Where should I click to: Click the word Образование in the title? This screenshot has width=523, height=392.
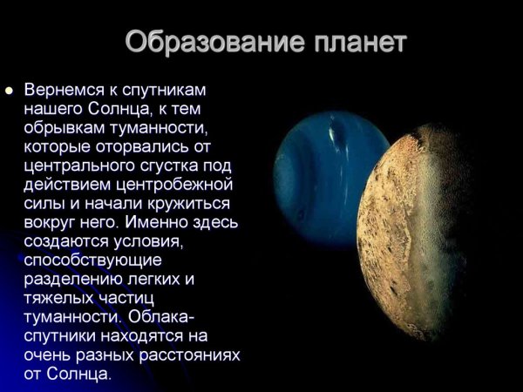coord(201,42)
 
